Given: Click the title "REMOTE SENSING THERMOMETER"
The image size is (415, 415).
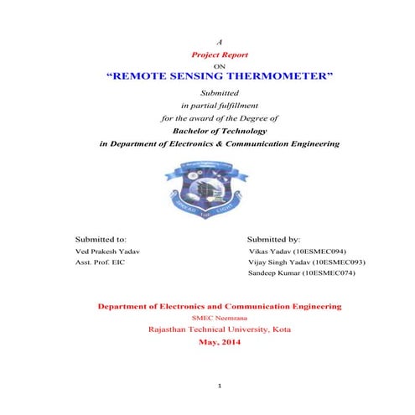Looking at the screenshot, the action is (x=220, y=76).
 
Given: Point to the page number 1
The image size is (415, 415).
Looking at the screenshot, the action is (x=219, y=386).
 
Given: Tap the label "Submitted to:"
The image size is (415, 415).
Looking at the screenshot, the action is (x=101, y=238).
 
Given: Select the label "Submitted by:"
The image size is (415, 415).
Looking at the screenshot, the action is (x=280, y=238).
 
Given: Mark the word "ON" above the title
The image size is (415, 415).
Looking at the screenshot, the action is (x=220, y=64).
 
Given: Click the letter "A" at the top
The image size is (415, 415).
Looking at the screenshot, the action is (x=220, y=41).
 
